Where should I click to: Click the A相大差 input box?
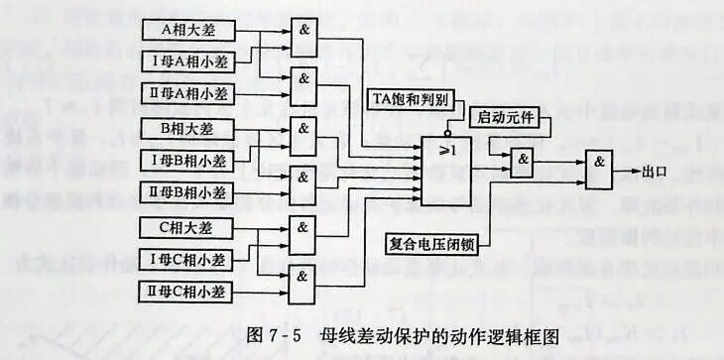pyautogui.click(x=188, y=30)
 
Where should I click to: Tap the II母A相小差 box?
pyautogui.click(x=188, y=95)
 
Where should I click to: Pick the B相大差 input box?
pyautogui.click(x=188, y=127)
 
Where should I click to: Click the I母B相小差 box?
pyautogui.click(x=188, y=160)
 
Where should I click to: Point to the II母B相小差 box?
pyautogui.click(x=188, y=191)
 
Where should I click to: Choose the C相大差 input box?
pyautogui.click(x=188, y=227)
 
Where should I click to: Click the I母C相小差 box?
pyautogui.click(x=188, y=260)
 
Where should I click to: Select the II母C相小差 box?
pyautogui.click(x=188, y=292)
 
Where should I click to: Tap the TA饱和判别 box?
pyautogui.click(x=411, y=100)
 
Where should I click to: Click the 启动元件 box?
pyautogui.click(x=506, y=118)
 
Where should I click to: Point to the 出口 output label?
pyautogui.click(x=655, y=172)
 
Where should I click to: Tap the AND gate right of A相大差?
pyautogui.click(x=304, y=32)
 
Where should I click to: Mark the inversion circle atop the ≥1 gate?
pyautogui.click(x=447, y=130)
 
